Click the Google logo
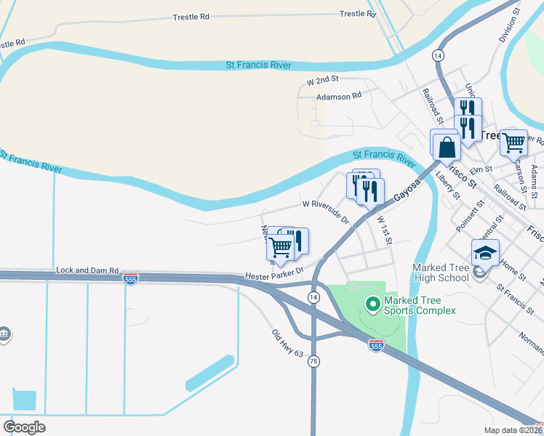click(24, 427)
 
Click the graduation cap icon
click(485, 253)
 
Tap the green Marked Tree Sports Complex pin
click(373, 304)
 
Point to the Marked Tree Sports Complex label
click(420, 305)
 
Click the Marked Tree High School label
click(441, 272)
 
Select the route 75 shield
click(313, 362)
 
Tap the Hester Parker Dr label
click(273, 276)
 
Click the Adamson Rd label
click(338, 95)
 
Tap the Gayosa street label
click(407, 189)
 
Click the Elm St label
click(477, 170)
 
